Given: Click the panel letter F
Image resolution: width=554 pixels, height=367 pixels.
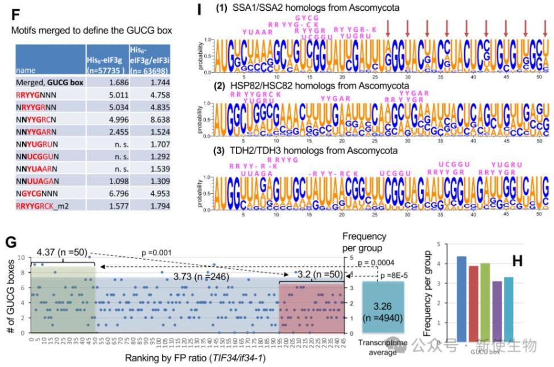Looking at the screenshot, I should (16, 11).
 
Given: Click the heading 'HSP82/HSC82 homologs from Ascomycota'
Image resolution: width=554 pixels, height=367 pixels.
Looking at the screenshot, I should (321, 85).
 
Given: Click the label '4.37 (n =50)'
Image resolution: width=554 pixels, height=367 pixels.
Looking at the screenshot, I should (58, 253).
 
